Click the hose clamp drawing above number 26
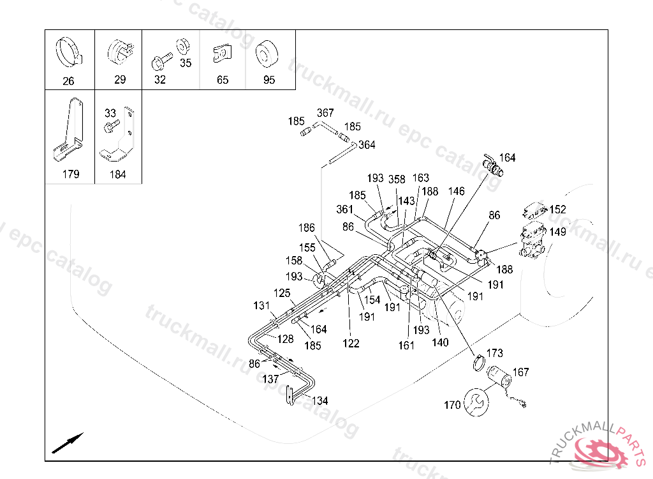click(x=69, y=52)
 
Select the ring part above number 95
click(x=267, y=54)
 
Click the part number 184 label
click(x=117, y=174)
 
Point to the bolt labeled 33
click(x=111, y=126)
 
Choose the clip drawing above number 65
click(x=222, y=54)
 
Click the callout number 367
click(x=325, y=112)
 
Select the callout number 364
click(x=367, y=145)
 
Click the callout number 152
click(x=557, y=209)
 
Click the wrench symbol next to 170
click(x=476, y=402)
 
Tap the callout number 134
click(x=320, y=401)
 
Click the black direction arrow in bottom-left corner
click(x=68, y=443)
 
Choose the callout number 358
click(x=397, y=179)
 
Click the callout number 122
click(x=351, y=344)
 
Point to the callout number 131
click(x=261, y=306)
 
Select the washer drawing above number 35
click(x=183, y=47)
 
